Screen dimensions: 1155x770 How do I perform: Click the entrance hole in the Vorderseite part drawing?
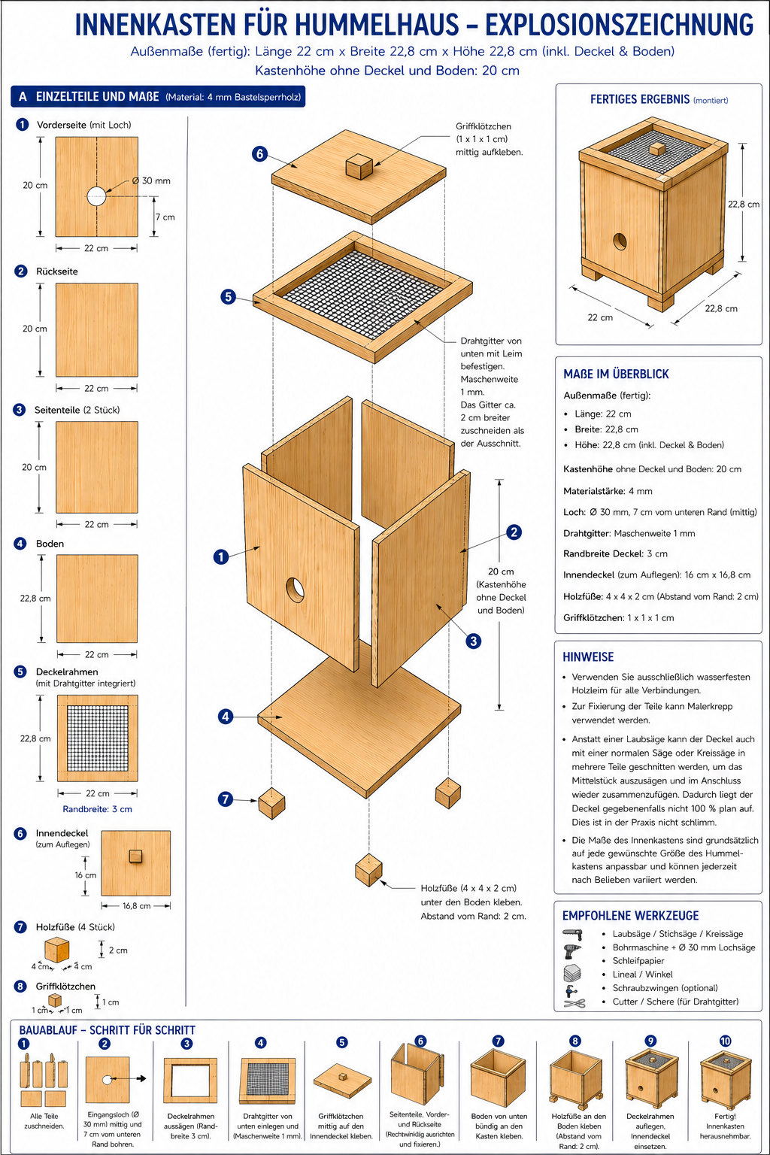tap(96, 196)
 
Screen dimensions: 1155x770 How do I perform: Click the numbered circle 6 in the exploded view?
tap(259, 153)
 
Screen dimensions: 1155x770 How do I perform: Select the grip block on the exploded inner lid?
tap(359, 165)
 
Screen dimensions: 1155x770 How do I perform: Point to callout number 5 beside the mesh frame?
tap(229, 296)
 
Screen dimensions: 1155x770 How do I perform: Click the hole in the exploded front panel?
tap(295, 589)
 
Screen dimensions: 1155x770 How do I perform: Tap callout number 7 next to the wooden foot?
tap(226, 799)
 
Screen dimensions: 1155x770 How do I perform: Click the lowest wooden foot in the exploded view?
tap(368, 870)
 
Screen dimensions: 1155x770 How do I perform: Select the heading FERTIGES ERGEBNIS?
tap(640, 99)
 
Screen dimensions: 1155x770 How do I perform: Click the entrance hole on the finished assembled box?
tap(620, 241)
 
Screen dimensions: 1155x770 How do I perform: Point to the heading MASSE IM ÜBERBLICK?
tap(616, 374)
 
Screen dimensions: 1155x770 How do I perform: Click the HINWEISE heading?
tap(588, 656)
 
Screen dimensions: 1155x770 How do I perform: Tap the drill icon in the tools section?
tap(572, 934)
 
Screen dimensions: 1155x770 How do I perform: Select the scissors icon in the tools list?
tap(574, 1003)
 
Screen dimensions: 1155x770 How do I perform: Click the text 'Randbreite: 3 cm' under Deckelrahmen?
tap(97, 809)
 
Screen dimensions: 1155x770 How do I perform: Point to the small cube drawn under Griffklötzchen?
tap(55, 1000)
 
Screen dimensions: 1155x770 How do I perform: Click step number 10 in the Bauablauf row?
tap(725, 1041)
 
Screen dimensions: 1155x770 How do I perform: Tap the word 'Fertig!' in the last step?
tap(725, 1116)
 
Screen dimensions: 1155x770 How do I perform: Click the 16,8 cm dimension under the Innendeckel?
tap(136, 905)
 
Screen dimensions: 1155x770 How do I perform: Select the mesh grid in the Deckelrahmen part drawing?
tap(98, 738)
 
